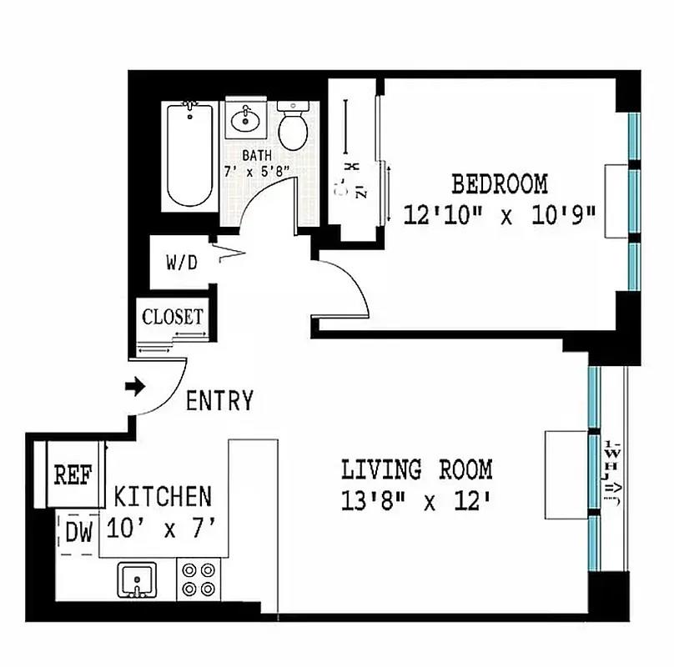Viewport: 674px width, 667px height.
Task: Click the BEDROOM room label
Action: [499, 183]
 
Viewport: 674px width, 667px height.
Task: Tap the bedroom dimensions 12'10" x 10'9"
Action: [499, 215]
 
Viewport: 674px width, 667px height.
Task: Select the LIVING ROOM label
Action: [416, 470]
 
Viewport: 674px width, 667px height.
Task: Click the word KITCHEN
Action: [163, 498]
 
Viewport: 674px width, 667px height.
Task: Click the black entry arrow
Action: [133, 387]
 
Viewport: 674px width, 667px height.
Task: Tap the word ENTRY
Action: [219, 402]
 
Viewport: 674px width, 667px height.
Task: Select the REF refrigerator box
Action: [72, 475]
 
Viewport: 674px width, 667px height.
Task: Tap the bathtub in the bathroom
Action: [191, 154]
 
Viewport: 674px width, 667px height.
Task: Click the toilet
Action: [293, 125]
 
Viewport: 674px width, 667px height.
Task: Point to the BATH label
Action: [257, 156]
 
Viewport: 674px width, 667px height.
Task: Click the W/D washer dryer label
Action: [181, 263]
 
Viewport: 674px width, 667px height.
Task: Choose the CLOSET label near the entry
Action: [173, 317]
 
